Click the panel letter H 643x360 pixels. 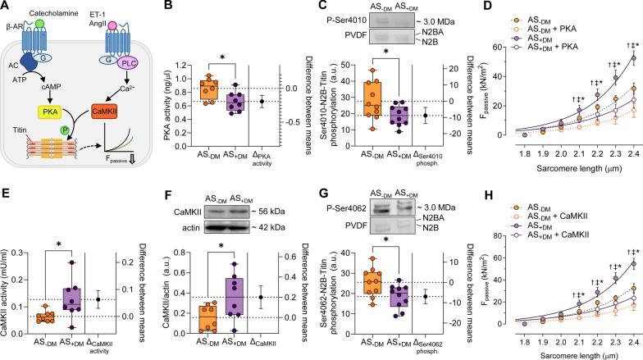click(485, 188)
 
